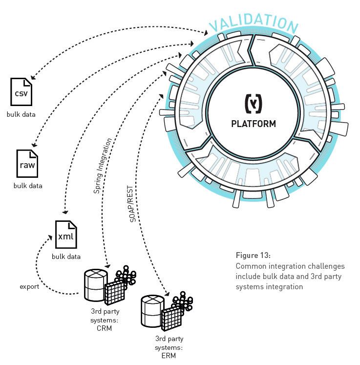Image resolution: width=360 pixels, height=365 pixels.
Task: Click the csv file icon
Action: [x=21, y=92]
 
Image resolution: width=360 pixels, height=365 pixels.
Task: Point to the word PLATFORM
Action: [x=253, y=124]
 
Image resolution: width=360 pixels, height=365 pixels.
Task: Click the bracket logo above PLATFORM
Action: [x=253, y=104]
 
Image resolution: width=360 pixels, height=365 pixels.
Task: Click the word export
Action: [x=29, y=286]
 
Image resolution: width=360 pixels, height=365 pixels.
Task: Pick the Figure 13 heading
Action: [x=253, y=256]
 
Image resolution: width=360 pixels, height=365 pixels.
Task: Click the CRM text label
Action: [x=104, y=328]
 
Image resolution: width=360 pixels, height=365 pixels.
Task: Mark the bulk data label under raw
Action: [x=28, y=186]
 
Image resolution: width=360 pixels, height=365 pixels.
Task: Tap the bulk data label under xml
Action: [x=66, y=256]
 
